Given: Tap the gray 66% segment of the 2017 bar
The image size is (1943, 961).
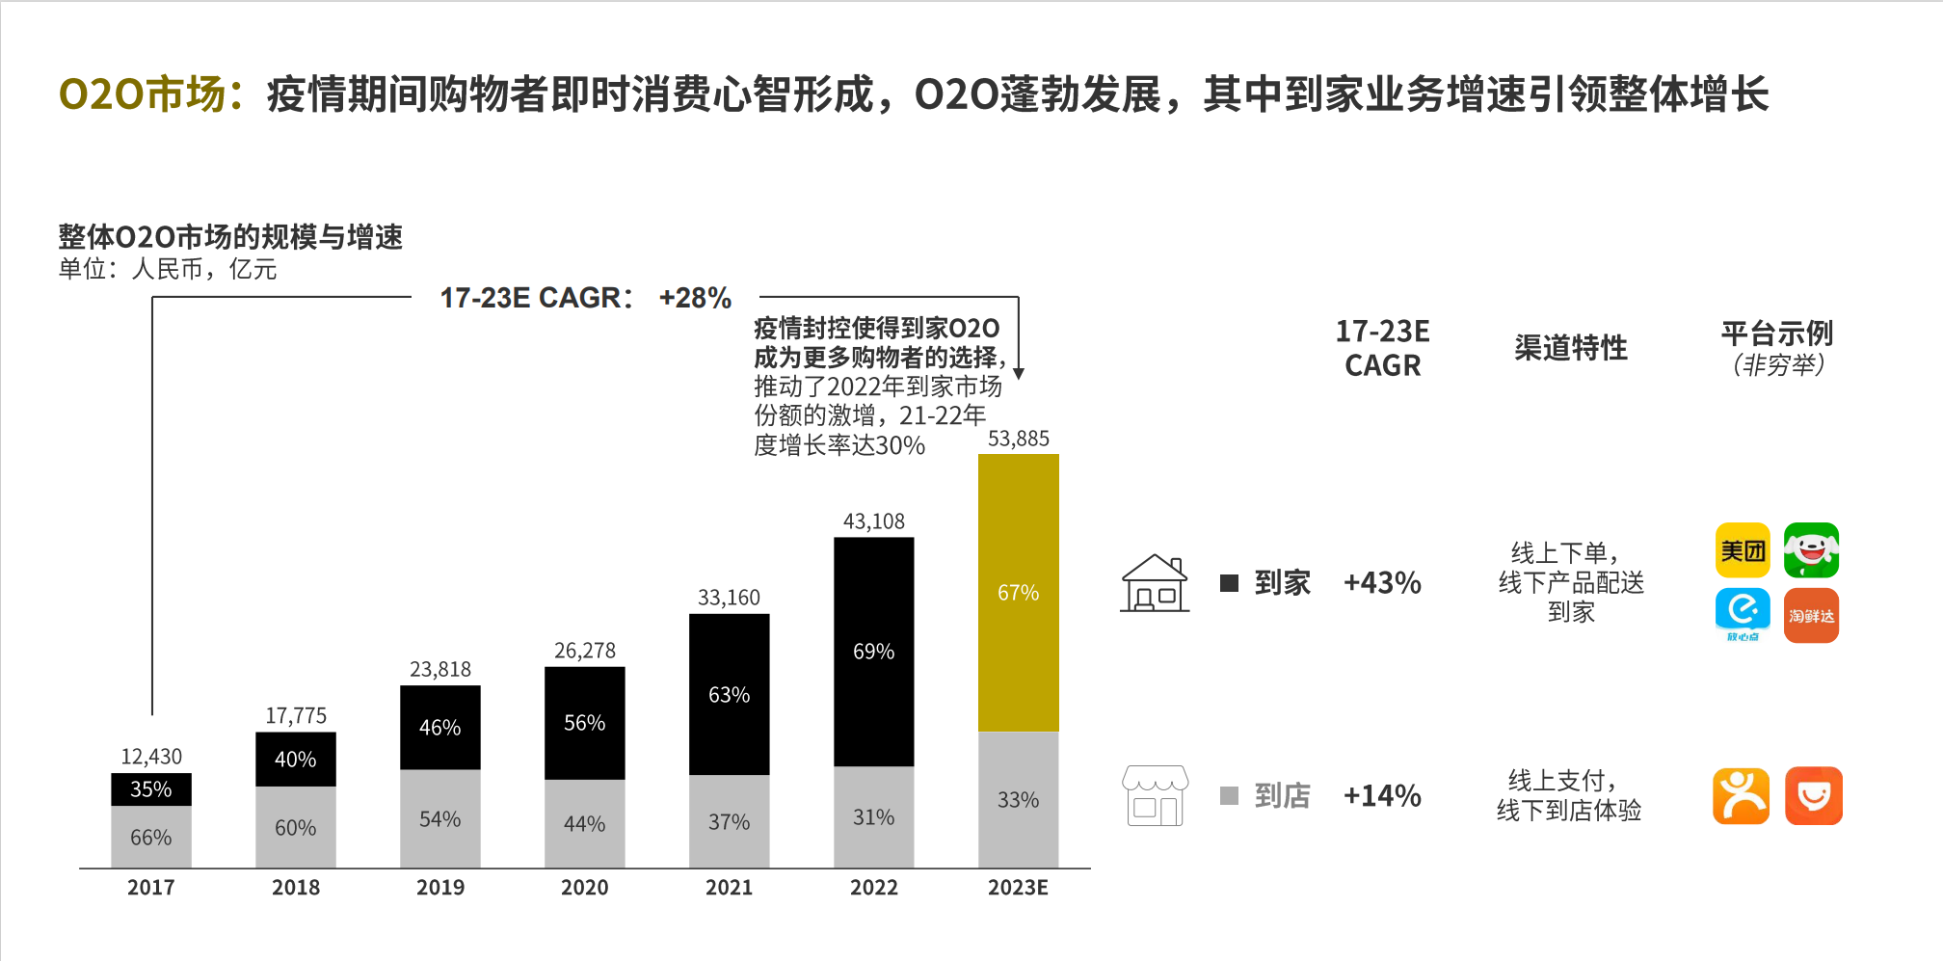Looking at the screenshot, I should pyautogui.click(x=151, y=837).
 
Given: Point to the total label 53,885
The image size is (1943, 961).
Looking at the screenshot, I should pyautogui.click(x=1018, y=440).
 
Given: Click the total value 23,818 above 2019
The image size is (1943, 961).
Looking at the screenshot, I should pyautogui.click(x=440, y=669).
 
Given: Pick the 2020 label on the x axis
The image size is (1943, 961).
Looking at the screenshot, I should pyautogui.click(x=584, y=887).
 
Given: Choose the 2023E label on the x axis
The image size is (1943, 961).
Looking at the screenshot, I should pyautogui.click(x=1018, y=887).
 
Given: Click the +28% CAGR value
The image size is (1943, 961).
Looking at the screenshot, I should pyautogui.click(x=695, y=298).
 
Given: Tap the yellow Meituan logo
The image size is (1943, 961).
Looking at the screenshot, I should pyautogui.click(x=1743, y=550).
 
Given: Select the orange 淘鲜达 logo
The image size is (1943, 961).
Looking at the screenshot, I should pyautogui.click(x=1811, y=615).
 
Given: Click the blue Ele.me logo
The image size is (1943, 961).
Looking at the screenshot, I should pyautogui.click(x=1743, y=611).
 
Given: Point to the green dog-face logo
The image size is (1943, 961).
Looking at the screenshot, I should pyautogui.click(x=1811, y=550).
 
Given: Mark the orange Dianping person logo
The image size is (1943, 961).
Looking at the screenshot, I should pyautogui.click(x=1741, y=796).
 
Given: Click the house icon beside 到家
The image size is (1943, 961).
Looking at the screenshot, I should pyautogui.click(x=1155, y=583).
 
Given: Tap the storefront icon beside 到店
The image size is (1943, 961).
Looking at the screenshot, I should pyautogui.click(x=1155, y=796).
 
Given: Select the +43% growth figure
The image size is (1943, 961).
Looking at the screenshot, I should pyautogui.click(x=1382, y=583).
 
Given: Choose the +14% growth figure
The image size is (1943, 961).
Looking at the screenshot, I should pyautogui.click(x=1382, y=796).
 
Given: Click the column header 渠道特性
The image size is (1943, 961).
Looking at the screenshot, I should pyautogui.click(x=1570, y=348).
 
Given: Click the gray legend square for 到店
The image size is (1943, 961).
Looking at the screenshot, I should pyautogui.click(x=1229, y=795).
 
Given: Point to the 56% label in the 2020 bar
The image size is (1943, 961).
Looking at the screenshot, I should pyautogui.click(x=584, y=723).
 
